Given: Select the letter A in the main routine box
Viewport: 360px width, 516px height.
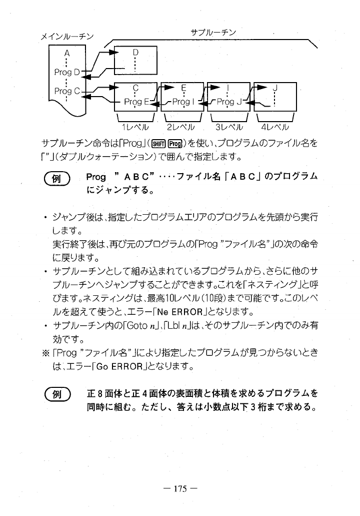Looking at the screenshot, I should click(x=66, y=54).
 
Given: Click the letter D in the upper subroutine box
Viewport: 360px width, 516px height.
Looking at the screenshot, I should click(x=135, y=52).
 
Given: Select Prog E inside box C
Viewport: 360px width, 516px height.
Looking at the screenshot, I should click(x=136, y=102).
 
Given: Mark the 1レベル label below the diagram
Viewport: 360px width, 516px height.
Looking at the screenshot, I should click(x=136, y=126).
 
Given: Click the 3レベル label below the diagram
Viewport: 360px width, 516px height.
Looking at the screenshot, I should click(x=228, y=126).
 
